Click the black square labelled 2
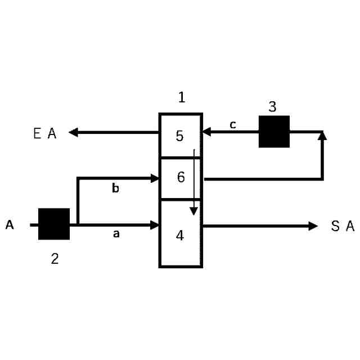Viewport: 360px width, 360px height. pyautogui.click(x=54, y=224)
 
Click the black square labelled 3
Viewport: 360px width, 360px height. pyautogui.click(x=274, y=132)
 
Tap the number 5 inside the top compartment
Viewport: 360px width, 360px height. pyautogui.click(x=180, y=136)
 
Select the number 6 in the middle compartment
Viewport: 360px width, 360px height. pyautogui.click(x=181, y=177)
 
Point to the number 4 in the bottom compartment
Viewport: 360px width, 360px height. pyautogui.click(x=180, y=235)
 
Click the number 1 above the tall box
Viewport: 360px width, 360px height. pyautogui.click(x=181, y=97)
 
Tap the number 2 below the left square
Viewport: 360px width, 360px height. pyautogui.click(x=55, y=259)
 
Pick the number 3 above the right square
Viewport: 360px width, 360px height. pyautogui.click(x=272, y=107)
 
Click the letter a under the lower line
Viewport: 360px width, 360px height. pyautogui.click(x=116, y=233)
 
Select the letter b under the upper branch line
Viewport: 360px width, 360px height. pyautogui.click(x=115, y=188)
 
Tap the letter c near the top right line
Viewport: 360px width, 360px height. pyautogui.click(x=232, y=125)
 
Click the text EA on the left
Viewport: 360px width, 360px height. pyautogui.click(x=45, y=134)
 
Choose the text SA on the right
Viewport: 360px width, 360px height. pyautogui.click(x=343, y=226)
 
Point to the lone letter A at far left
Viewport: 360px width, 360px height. pyautogui.click(x=10, y=225)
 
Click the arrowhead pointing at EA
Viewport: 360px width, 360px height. pyautogui.click(x=73, y=133)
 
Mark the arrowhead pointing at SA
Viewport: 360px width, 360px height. pyautogui.click(x=313, y=226)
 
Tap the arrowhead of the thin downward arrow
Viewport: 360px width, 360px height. pyautogui.click(x=193, y=211)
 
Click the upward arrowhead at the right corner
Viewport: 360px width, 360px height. pyautogui.click(x=322, y=136)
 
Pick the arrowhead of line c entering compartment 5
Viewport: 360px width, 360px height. pyautogui.click(x=206, y=132)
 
